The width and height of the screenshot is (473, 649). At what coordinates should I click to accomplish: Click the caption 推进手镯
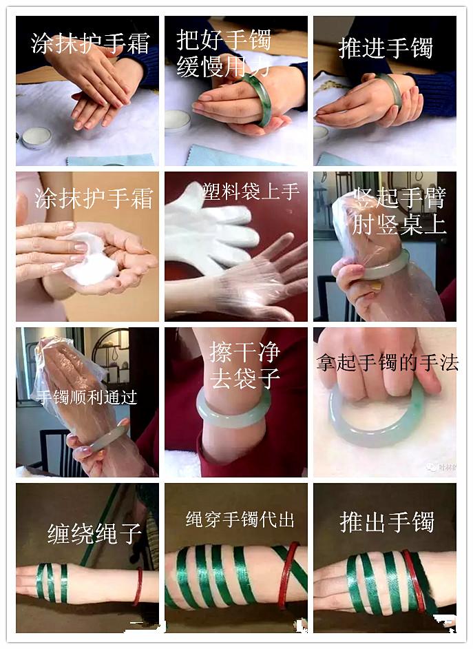coord(385,49)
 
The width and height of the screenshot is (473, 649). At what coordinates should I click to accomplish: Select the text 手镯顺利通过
coord(87,398)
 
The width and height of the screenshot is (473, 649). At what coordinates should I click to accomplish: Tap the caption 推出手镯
coord(386,522)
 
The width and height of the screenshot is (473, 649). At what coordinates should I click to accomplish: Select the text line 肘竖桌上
coord(399,225)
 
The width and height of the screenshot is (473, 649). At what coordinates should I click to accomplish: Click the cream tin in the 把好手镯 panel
coord(178,121)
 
